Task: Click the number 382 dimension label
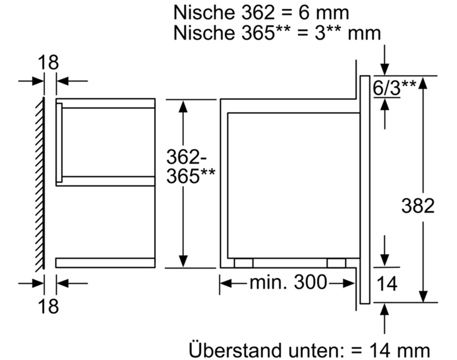(x=417, y=206)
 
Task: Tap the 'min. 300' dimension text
(x=288, y=283)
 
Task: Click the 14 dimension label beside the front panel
(x=387, y=284)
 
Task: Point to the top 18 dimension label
(x=48, y=62)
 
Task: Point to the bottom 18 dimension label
(x=48, y=306)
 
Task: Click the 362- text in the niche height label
(x=186, y=157)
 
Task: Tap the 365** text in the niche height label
(x=191, y=175)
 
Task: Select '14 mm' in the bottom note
(x=400, y=350)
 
